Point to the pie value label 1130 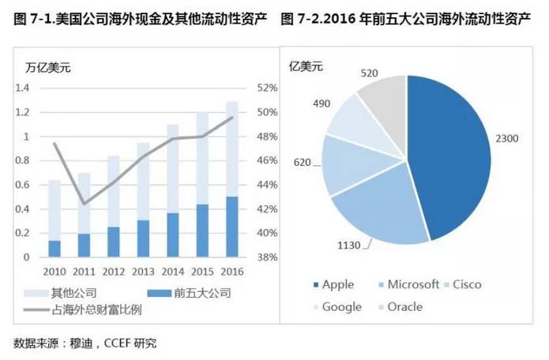(348, 246)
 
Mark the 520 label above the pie (369, 73)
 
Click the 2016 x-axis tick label (231, 271)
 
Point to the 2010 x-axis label (55, 271)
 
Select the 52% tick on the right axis (266, 88)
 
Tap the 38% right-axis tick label (266, 257)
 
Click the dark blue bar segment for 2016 (231, 227)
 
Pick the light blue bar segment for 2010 (55, 210)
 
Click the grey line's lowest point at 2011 (84, 204)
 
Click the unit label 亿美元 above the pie (306, 66)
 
